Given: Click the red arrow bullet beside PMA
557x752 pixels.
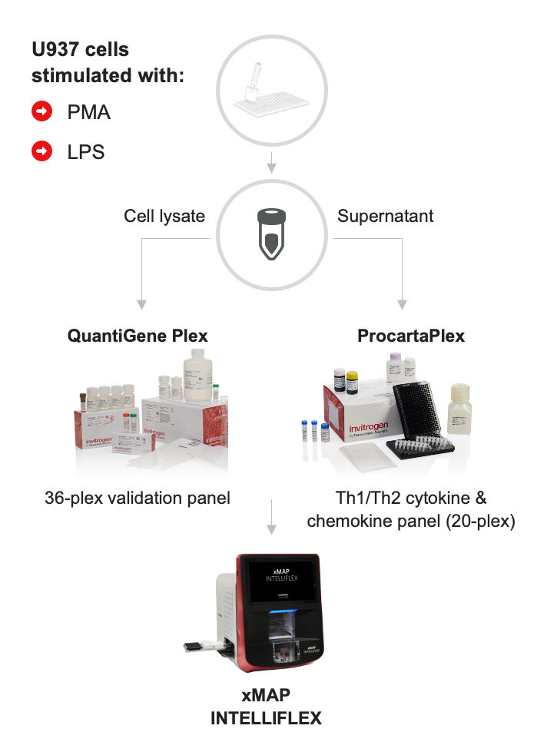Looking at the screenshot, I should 41,112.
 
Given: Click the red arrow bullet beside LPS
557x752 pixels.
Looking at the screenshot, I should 41,152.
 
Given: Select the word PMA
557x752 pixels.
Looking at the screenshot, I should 89,112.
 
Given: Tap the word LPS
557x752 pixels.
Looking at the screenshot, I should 86,152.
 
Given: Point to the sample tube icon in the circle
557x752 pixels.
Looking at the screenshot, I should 270,234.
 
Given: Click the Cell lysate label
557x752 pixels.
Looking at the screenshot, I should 164,216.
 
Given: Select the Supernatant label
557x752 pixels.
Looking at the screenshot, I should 385,216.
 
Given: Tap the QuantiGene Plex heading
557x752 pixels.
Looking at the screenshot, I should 138,336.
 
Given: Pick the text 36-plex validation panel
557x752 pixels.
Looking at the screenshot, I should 138,498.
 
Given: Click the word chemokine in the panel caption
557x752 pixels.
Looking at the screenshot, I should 350,522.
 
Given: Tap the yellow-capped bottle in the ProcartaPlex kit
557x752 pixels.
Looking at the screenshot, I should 352,381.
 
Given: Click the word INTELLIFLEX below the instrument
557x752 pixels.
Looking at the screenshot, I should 267,719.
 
